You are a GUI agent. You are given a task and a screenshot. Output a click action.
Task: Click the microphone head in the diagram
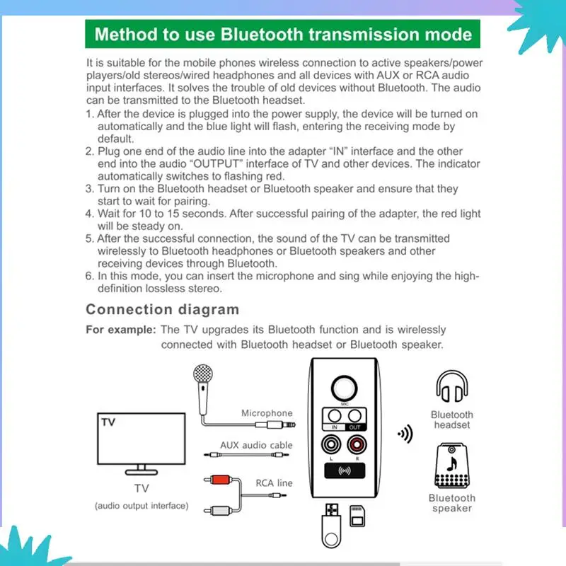coord(204,374)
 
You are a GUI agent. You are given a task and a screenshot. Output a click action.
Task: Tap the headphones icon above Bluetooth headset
coord(451,389)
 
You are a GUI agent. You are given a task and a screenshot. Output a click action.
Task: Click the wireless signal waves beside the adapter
coord(405,434)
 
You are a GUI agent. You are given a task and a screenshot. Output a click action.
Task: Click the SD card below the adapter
coord(358,516)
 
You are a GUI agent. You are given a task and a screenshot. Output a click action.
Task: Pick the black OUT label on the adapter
coord(355,427)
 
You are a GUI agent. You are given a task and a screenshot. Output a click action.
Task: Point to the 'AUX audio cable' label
coord(256,445)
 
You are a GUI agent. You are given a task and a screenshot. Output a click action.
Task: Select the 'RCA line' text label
coord(274,483)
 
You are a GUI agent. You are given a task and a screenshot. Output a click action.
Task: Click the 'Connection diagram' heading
coord(162,309)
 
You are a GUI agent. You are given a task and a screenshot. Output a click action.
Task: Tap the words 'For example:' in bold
coord(120,330)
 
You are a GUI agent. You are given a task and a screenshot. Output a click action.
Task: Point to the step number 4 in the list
coord(89,213)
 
